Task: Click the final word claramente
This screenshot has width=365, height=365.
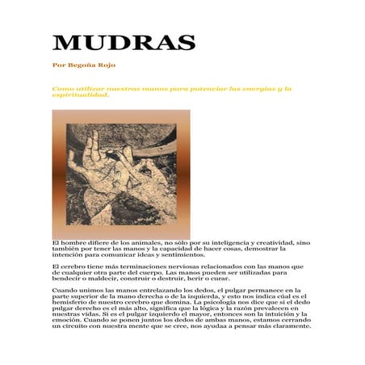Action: (x=286, y=327)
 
